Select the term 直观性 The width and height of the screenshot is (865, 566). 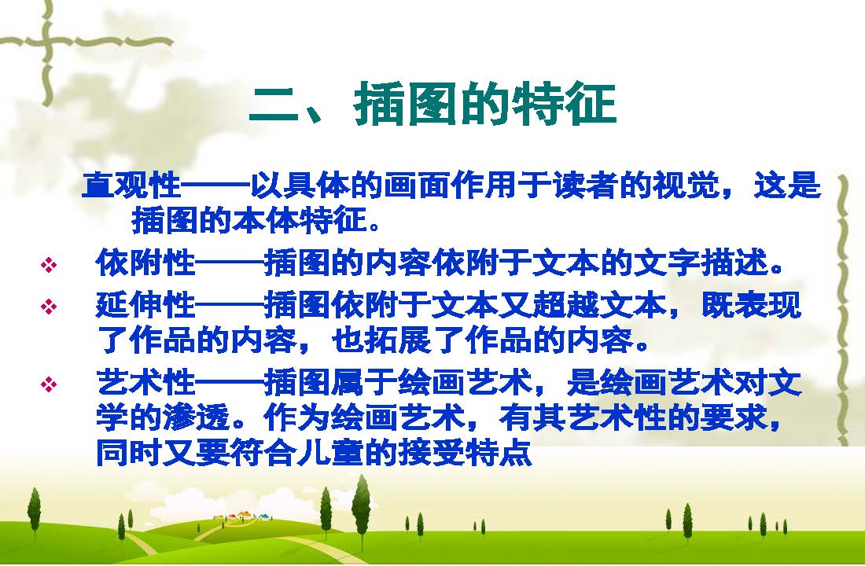(131, 185)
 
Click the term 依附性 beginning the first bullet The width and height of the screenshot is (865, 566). (145, 262)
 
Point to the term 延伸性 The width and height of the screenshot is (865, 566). (145, 305)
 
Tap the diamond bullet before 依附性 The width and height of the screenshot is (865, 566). (49, 265)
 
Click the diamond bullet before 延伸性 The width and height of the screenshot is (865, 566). (49, 306)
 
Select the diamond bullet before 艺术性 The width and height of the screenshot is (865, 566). (49, 384)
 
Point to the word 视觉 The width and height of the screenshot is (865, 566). (686, 185)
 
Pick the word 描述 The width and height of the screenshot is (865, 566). (734, 262)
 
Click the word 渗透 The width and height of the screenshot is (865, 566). (197, 417)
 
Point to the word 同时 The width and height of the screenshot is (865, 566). (129, 453)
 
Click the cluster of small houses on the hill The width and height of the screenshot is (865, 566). (243, 516)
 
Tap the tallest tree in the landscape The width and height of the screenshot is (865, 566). (362, 505)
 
